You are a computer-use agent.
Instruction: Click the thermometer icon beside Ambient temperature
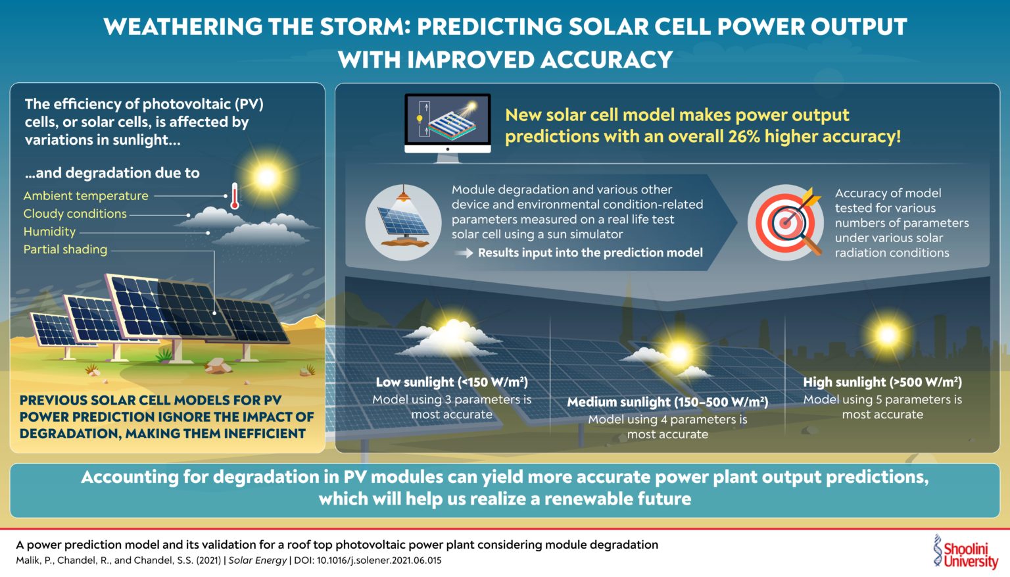[x=234, y=196]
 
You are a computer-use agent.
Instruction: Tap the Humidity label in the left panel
[x=49, y=232]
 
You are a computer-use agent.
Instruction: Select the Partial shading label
[x=65, y=249]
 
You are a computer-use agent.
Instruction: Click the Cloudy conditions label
[x=75, y=214]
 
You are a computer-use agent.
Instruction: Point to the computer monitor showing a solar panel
[x=447, y=123]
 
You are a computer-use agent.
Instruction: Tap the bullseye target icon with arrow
[x=786, y=222]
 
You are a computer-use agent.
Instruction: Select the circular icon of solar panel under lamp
[x=403, y=222]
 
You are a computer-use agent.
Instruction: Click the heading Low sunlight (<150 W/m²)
[x=452, y=382]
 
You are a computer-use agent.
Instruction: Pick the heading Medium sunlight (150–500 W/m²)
[x=667, y=402]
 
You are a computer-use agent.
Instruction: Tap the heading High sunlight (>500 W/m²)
[x=882, y=382]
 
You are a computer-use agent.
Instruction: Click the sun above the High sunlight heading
[x=886, y=336]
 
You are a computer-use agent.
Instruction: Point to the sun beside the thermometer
[x=266, y=176]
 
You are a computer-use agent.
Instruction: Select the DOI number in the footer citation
[x=379, y=561]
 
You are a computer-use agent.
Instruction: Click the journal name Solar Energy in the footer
[x=257, y=561]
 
